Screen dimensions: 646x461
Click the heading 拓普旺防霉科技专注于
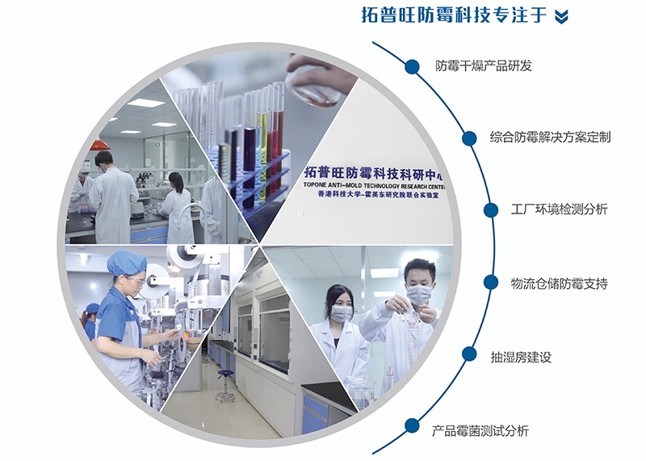tap(455, 15)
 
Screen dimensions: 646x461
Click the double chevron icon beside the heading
tap(561, 17)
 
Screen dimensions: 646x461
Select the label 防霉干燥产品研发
tap(484, 66)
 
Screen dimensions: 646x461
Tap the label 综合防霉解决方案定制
tap(550, 137)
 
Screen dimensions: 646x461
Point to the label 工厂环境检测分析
tap(559, 209)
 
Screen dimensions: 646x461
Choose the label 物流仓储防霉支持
tap(559, 284)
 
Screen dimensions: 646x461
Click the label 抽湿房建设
tap(521, 357)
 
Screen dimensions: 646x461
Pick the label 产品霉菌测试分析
tap(480, 431)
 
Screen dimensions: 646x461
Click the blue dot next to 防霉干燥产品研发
tap(412, 66)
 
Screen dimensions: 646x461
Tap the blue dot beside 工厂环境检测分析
tap(491, 210)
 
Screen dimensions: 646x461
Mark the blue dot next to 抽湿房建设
tap(469, 354)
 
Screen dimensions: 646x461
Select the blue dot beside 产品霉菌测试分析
tap(412, 426)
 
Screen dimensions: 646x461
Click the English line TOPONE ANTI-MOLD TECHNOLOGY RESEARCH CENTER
tap(374, 185)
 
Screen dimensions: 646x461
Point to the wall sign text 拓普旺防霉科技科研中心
tap(374, 173)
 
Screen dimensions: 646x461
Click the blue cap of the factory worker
tap(127, 263)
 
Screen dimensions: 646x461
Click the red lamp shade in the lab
tap(100, 145)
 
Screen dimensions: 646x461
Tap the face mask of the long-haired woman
tap(342, 313)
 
